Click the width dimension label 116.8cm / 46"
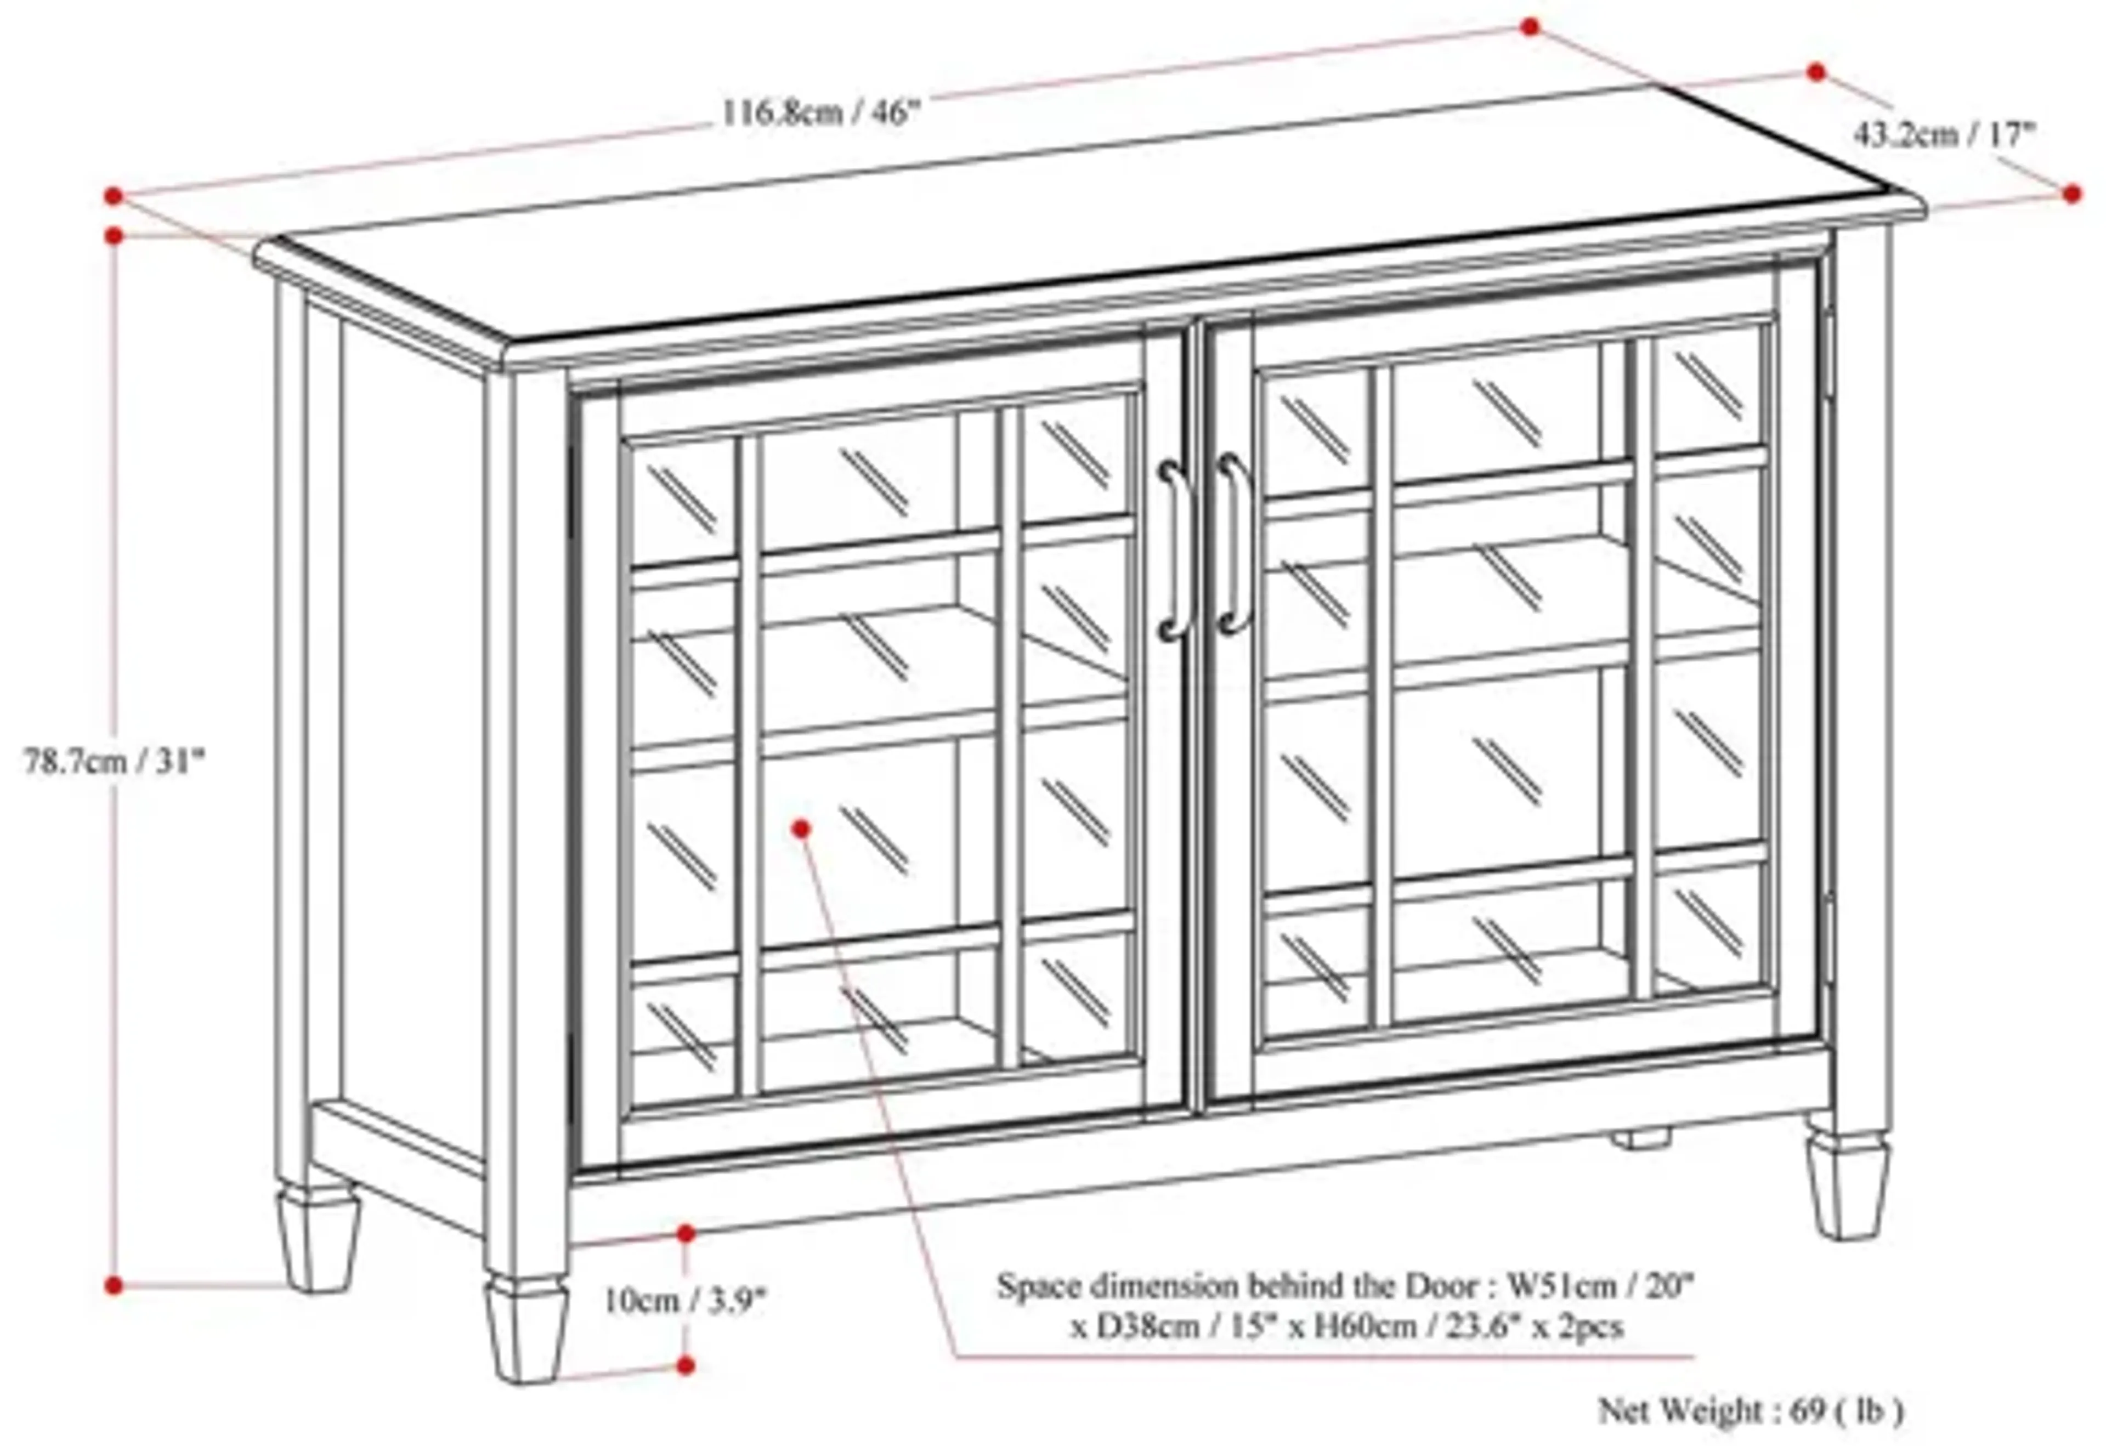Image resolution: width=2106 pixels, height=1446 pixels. pyautogui.click(x=820, y=114)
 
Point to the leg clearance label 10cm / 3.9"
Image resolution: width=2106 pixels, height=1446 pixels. pyautogui.click(x=685, y=1301)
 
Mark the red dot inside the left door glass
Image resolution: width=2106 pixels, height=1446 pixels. pyautogui.click(x=800, y=827)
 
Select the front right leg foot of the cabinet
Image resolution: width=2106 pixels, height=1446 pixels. pyautogui.click(x=1849, y=1187)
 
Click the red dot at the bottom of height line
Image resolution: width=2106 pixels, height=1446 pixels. pyautogui.click(x=114, y=1285)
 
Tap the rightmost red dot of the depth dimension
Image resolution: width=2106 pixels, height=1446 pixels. pyautogui.click(x=2071, y=193)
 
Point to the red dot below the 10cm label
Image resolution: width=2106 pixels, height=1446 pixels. pyautogui.click(x=686, y=1364)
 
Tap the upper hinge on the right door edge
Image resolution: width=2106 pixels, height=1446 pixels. pyautogui.click(x=1828, y=353)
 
